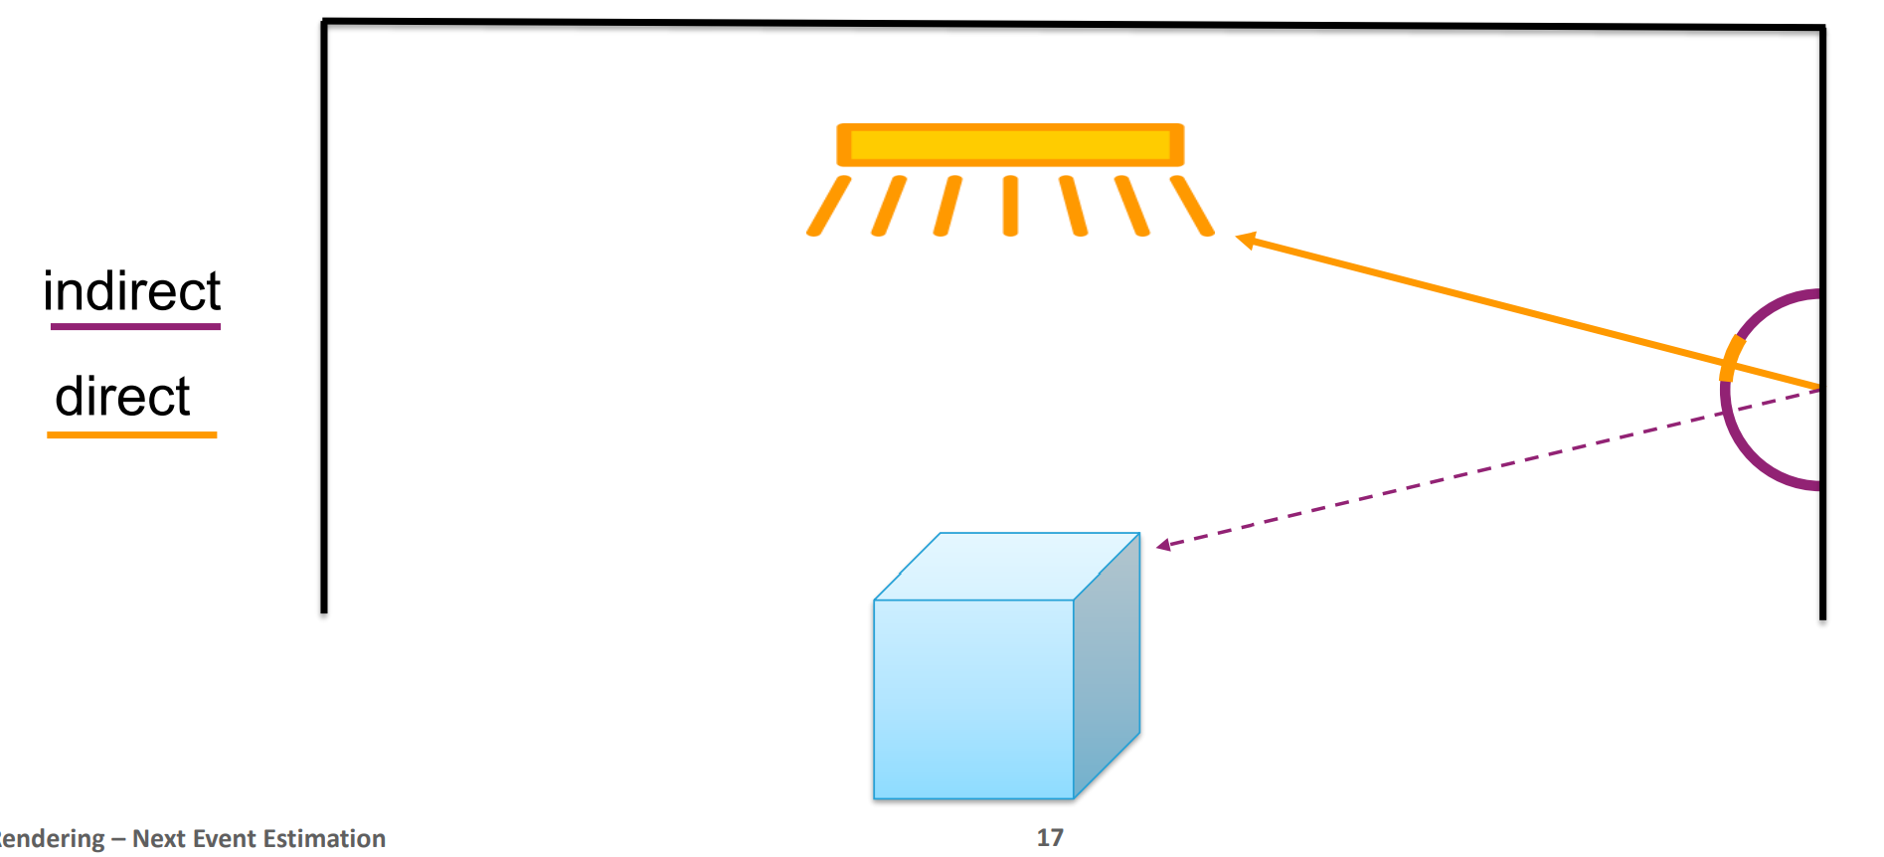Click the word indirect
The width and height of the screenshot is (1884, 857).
[131, 291]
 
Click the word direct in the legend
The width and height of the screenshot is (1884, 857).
[122, 397]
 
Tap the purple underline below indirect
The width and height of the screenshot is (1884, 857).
[135, 326]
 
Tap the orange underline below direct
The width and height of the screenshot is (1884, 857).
[131, 434]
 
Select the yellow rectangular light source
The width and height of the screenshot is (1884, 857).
[1010, 145]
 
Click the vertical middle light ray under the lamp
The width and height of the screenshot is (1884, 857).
[1010, 206]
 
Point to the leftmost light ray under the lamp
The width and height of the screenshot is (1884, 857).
[828, 206]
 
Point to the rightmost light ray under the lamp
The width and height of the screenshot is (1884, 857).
[1192, 206]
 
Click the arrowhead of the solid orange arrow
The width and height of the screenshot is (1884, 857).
[1246, 240]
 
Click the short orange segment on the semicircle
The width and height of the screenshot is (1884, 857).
[1731, 358]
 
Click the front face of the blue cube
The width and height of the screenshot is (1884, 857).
[973, 698]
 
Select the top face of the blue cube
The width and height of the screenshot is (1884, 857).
[1006, 566]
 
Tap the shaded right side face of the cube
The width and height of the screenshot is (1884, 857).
[1107, 666]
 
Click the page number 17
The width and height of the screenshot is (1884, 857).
[1050, 838]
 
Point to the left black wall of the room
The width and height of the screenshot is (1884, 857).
[324, 318]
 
